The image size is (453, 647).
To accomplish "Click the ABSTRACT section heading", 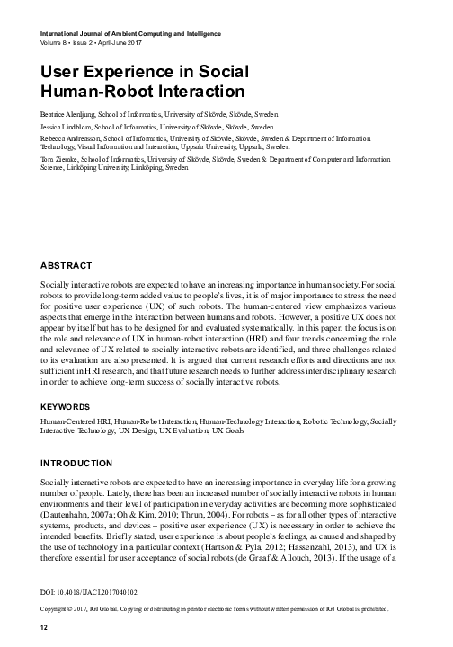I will [67, 266].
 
